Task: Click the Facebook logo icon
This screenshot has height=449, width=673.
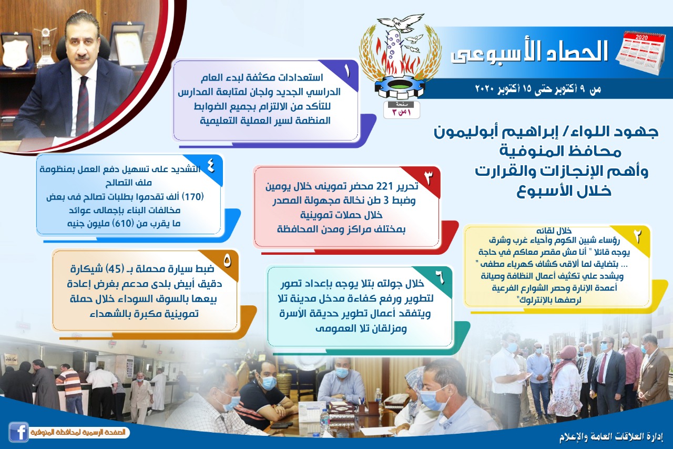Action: tap(18, 432)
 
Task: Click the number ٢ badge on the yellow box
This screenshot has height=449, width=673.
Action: tap(638, 237)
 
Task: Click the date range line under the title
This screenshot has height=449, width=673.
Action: tap(538, 89)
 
